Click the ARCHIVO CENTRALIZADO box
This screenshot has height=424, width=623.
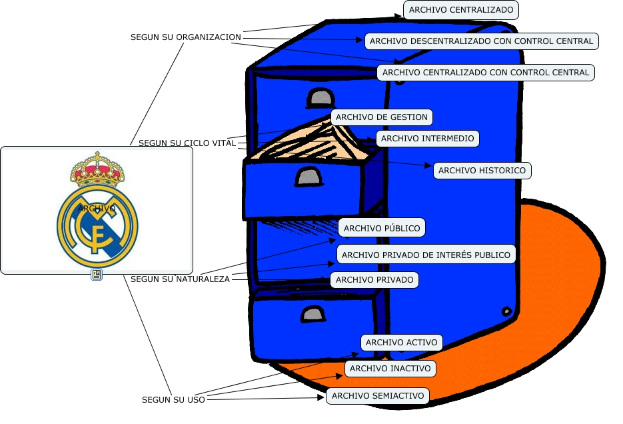click(x=461, y=10)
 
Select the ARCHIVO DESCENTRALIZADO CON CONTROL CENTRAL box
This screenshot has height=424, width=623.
click(x=481, y=41)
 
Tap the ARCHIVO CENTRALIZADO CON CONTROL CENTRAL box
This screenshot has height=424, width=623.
click(x=486, y=72)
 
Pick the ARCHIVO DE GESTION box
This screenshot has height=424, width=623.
click(x=382, y=117)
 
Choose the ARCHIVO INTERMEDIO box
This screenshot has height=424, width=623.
click(x=428, y=139)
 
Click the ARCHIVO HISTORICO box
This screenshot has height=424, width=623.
click(x=482, y=171)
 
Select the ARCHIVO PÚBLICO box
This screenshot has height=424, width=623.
click(x=382, y=228)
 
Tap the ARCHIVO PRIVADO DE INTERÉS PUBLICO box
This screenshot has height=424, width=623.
click(x=426, y=254)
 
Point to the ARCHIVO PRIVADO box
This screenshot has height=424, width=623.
click(x=374, y=280)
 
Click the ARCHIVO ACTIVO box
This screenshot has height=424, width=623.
click(x=402, y=343)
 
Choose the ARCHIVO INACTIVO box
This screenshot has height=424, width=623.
click(x=390, y=368)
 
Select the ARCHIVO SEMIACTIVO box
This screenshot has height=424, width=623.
click(x=378, y=395)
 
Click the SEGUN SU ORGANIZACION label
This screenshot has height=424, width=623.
click(x=186, y=37)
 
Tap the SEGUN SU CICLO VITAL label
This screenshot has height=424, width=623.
click(x=187, y=143)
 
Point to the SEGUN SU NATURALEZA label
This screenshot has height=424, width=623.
click(x=180, y=279)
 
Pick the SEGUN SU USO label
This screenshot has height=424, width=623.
click(x=173, y=400)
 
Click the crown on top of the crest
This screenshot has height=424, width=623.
click(x=97, y=170)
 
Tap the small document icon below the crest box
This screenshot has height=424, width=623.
click(x=97, y=275)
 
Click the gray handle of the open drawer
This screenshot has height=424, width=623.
click(x=308, y=177)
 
